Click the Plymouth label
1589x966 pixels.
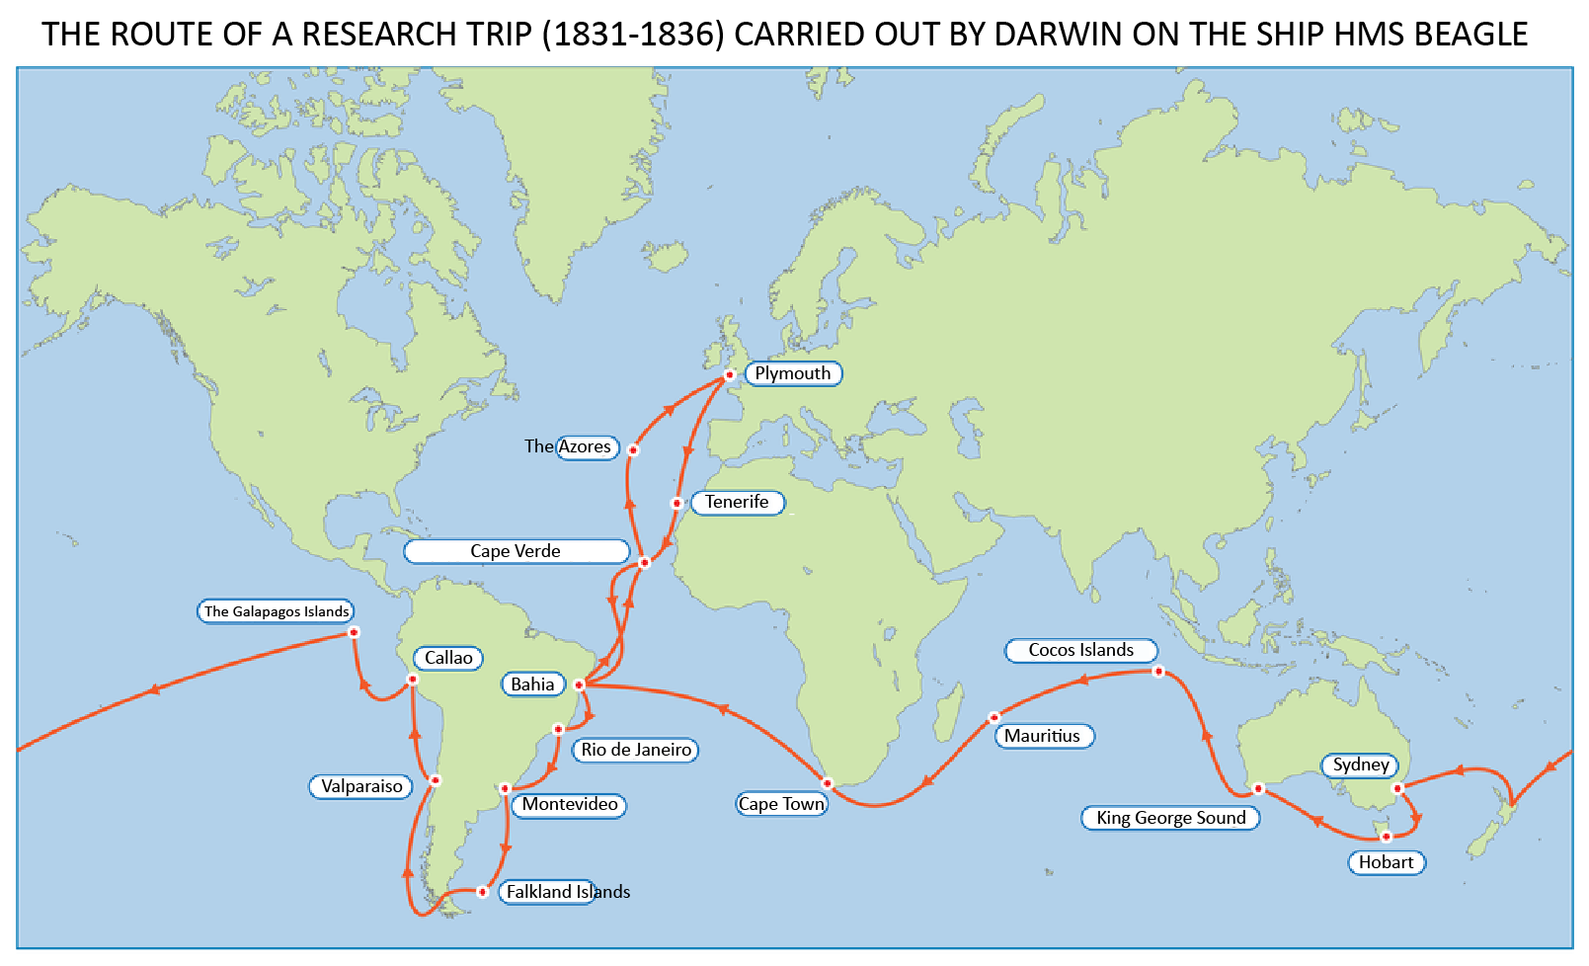[792, 373]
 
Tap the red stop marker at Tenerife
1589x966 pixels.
[676, 504]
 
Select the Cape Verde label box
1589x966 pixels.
[516, 551]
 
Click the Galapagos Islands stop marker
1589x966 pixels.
[354, 632]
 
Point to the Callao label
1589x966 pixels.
[448, 658]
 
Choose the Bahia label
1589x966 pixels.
[532, 684]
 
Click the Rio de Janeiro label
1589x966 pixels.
[636, 750]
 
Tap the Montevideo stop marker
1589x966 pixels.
[505, 788]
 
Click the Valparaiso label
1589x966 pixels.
[361, 786]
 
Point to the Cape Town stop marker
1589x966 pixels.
[828, 783]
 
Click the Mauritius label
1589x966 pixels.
[1043, 736]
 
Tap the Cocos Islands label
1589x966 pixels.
[1080, 650]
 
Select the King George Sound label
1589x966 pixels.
[1170, 818]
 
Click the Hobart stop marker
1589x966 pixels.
[1386, 837]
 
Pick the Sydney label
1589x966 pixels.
[1360, 765]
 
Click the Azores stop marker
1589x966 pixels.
[633, 450]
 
